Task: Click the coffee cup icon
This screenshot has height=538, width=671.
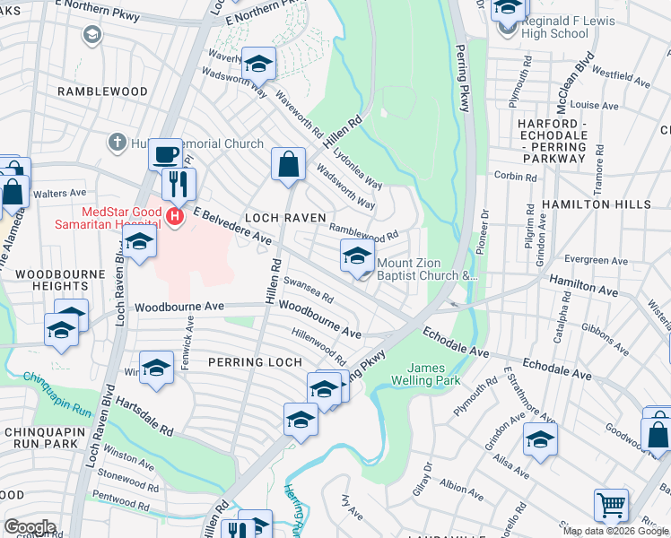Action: [x=164, y=154]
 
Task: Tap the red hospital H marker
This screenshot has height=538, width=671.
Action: [x=176, y=215]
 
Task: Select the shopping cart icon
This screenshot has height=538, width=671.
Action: [x=611, y=504]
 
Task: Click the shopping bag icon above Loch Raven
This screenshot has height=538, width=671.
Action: [x=288, y=164]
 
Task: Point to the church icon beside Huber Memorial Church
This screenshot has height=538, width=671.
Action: [x=117, y=143]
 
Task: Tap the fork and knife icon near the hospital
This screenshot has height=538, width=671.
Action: [x=179, y=184]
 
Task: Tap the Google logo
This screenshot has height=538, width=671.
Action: [x=30, y=527]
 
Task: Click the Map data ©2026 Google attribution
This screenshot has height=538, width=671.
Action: [x=614, y=531]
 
